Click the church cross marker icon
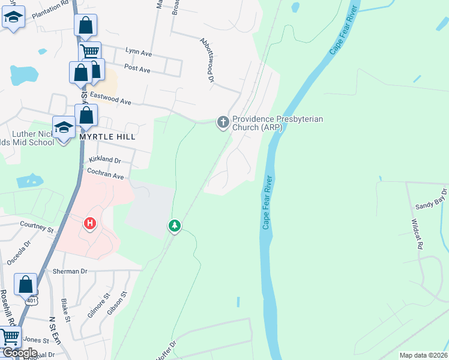[x=223, y=123]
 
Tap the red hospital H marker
[x=90, y=224]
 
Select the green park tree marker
[x=175, y=226]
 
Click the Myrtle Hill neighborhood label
[x=107, y=137]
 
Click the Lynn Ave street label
[x=139, y=53]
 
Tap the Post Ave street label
[x=137, y=69]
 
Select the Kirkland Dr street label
[x=105, y=161]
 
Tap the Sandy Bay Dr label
[x=432, y=199]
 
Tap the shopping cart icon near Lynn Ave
[x=89, y=52]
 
